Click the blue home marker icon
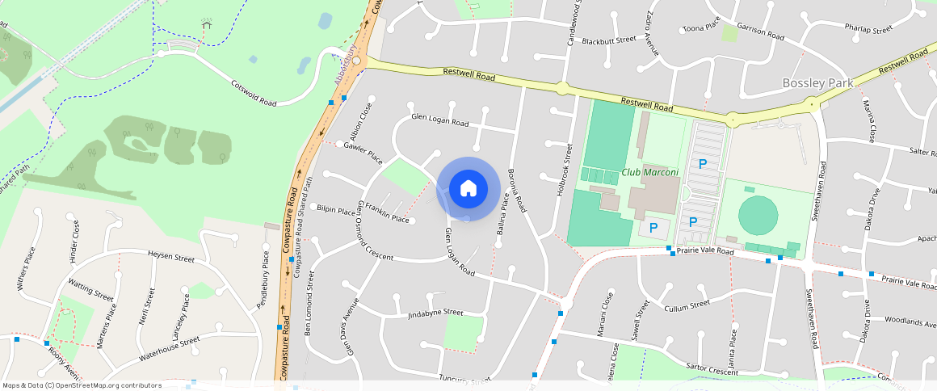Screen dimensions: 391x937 [x=468, y=189]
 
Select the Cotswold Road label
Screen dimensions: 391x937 [x=254, y=93]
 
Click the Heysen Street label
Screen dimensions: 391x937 [x=171, y=258]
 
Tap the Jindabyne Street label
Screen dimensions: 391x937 [x=435, y=313]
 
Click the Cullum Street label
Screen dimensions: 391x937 [x=686, y=306]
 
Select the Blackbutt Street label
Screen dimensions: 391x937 [x=609, y=40]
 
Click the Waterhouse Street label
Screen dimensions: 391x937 [x=168, y=349]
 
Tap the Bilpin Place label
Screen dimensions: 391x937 [x=336, y=210]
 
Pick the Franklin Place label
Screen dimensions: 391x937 [x=387, y=212]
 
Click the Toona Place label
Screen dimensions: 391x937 [x=701, y=28]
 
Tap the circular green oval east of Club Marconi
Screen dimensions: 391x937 [x=758, y=214]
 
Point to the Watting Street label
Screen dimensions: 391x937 [x=91, y=290]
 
